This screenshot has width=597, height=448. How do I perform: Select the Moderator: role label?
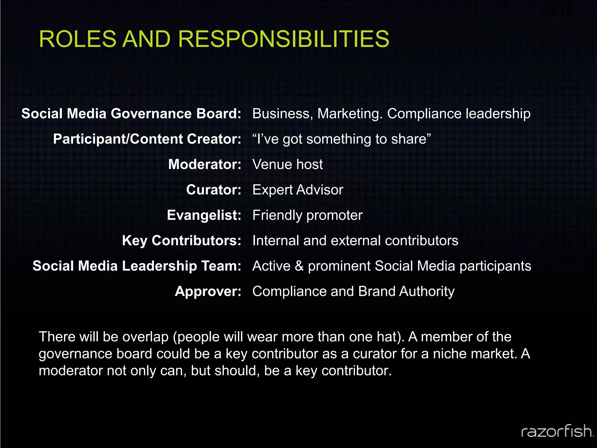pyautogui.click(x=205, y=164)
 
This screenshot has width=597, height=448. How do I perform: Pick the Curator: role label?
pyautogui.click(x=214, y=190)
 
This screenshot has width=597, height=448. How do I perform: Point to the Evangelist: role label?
pyautogui.click(x=204, y=215)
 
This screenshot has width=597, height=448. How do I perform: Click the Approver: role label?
pyautogui.click(x=208, y=291)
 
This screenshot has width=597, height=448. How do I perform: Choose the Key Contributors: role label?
pyautogui.click(x=182, y=241)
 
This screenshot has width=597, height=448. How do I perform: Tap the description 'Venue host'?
pyautogui.click(x=287, y=164)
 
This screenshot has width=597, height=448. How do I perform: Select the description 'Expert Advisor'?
pyautogui.click(x=298, y=190)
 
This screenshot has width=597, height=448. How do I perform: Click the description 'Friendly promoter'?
pyautogui.click(x=307, y=215)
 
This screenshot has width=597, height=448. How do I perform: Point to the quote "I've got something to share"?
pyautogui.click(x=341, y=139)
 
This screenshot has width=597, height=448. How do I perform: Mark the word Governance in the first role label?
pyautogui.click(x=151, y=114)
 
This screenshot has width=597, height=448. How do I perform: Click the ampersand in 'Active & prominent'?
pyautogui.click(x=299, y=266)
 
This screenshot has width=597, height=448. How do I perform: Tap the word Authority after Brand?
pyautogui.click(x=427, y=291)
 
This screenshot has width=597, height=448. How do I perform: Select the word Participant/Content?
pyautogui.click(x=118, y=139)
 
